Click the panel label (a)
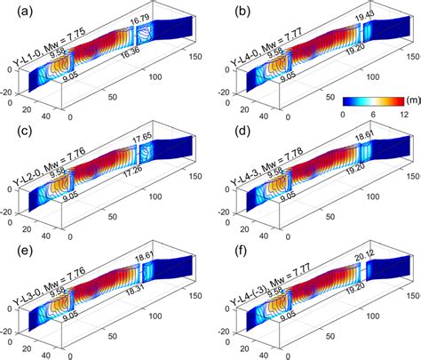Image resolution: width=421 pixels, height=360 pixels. tap(16, 11)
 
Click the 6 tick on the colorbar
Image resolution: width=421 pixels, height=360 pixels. tap(377, 115)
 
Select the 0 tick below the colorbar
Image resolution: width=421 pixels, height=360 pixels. tap(344, 115)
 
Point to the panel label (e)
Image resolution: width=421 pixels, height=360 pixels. tap(16, 252)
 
